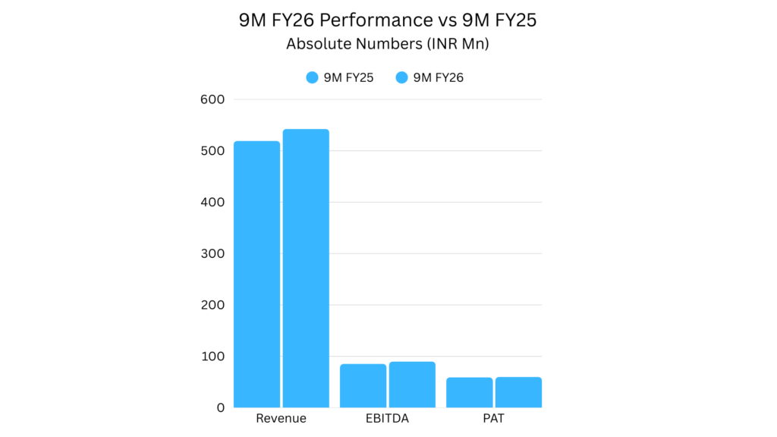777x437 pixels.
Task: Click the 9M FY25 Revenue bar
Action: click(256, 274)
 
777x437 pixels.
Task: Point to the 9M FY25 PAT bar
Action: click(469, 392)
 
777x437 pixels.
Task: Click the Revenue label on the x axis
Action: click(281, 419)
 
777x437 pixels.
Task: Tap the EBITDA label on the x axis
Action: click(387, 419)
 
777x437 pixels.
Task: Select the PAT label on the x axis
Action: click(493, 419)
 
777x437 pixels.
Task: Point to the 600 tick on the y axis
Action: click(212, 99)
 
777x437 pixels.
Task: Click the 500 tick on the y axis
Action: click(212, 151)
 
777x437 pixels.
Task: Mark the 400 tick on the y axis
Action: click(212, 202)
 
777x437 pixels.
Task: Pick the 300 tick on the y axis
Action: click(212, 253)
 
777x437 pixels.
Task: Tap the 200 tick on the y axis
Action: click(212, 305)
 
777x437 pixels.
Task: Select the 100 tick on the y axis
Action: click(212, 356)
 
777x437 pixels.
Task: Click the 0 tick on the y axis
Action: click(220, 407)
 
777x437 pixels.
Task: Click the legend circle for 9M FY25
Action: click(311, 77)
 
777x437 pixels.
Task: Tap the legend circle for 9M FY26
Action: click(401, 77)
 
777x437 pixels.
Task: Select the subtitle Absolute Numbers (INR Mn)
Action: click(388, 44)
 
